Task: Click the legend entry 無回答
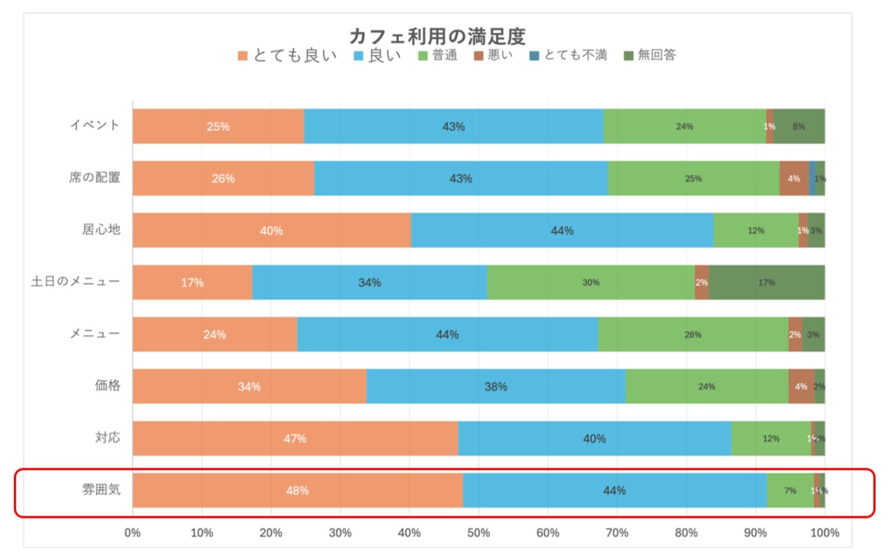pyautogui.click(x=650, y=55)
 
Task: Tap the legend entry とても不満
pyautogui.click(x=568, y=55)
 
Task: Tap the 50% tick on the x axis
pyautogui.click(x=479, y=533)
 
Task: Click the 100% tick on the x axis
pyautogui.click(x=825, y=533)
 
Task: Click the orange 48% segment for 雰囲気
pyautogui.click(x=298, y=491)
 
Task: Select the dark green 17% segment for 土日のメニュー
pyautogui.click(x=766, y=282)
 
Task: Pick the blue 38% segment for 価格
pyautogui.click(x=496, y=386)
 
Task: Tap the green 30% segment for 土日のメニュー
pyautogui.click(x=590, y=282)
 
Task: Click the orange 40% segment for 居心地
pyautogui.click(x=271, y=230)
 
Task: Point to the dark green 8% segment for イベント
pyautogui.click(x=799, y=126)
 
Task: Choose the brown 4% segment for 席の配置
pyautogui.click(x=794, y=178)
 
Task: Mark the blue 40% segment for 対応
pyautogui.click(x=594, y=438)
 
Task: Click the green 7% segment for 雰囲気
pyautogui.click(x=790, y=491)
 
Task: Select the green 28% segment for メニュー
pyautogui.click(x=692, y=335)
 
